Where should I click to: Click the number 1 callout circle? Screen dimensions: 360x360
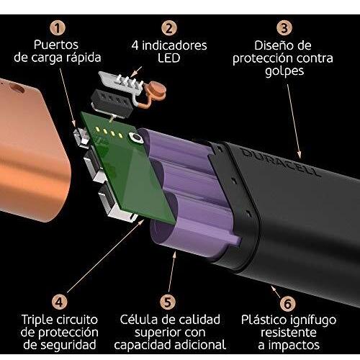58,28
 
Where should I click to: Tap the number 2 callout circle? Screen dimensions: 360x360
169,28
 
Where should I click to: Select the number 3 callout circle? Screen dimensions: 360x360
284,28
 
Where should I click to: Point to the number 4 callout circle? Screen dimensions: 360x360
59,302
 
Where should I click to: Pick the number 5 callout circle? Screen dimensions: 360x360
168,302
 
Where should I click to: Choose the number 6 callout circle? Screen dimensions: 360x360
287,303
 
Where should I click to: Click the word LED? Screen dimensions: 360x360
168,58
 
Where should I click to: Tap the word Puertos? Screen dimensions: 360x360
56,45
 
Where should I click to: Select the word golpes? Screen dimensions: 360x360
284,72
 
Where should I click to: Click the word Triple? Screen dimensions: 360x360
36,320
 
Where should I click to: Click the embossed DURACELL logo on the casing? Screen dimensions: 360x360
280,163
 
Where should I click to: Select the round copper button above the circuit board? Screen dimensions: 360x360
157,90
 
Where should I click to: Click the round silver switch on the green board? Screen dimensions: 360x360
136,138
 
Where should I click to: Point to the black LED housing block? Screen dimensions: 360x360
112,102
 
